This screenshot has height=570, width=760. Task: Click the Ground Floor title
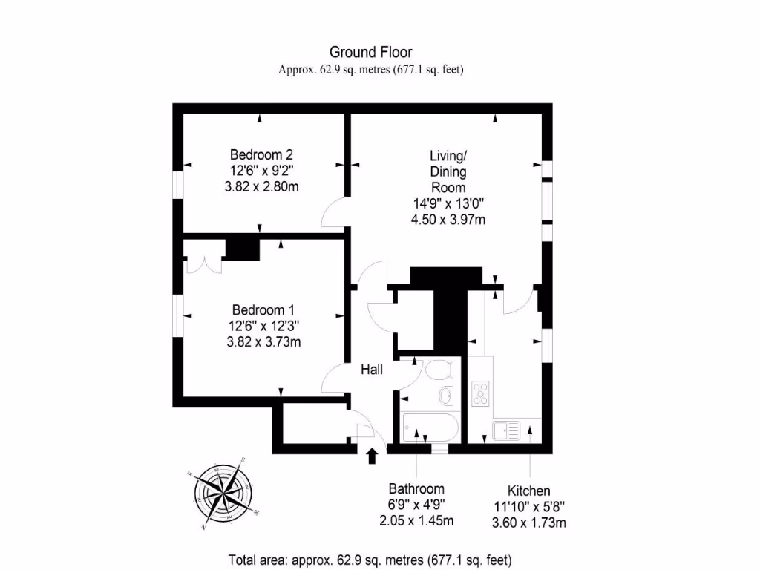click(370, 52)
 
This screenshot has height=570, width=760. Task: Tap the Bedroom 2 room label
click(261, 155)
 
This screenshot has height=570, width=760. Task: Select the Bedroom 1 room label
click(263, 309)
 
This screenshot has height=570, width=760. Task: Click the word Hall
click(372, 369)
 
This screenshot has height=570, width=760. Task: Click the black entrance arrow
click(372, 454)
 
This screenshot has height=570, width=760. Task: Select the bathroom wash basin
click(447, 395)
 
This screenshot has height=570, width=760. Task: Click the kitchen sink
click(508, 430)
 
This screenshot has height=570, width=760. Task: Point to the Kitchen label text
click(528, 491)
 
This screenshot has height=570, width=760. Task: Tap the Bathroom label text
click(416, 488)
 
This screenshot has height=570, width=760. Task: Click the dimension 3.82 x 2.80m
click(261, 187)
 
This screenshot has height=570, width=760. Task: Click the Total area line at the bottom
click(370, 559)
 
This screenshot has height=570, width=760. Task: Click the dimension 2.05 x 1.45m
click(416, 520)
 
